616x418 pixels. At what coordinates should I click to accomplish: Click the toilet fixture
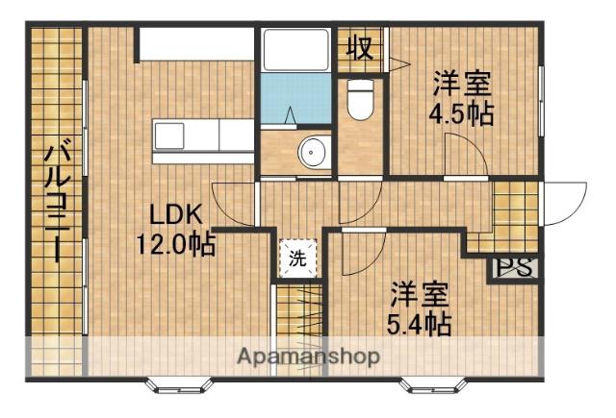point(360,101)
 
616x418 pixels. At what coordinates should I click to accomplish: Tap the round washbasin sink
point(313,152)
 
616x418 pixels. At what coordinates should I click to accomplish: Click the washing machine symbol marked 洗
point(297,258)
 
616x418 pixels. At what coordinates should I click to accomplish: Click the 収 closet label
point(360,46)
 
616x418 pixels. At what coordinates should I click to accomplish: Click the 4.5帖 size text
point(461,113)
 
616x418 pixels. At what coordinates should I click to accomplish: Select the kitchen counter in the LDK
point(201,136)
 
